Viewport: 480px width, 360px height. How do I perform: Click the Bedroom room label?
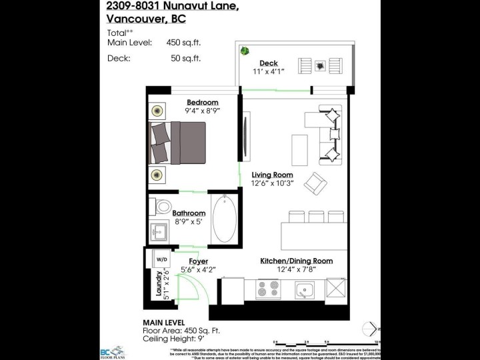click(x=202, y=102)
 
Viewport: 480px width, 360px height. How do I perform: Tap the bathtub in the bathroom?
click(x=225, y=219)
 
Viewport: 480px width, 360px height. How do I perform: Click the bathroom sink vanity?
click(x=159, y=232)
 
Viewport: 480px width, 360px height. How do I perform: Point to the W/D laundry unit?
click(x=161, y=258)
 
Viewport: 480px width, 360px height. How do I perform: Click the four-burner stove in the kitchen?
click(x=269, y=289)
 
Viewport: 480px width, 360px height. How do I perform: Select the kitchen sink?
click(x=305, y=289)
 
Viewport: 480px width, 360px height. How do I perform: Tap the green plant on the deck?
click(x=245, y=50)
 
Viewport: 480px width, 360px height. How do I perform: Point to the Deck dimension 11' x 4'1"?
click(x=269, y=71)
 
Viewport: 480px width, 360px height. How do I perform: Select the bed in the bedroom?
click(x=180, y=143)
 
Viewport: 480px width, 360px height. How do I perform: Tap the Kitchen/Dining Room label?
click(x=296, y=261)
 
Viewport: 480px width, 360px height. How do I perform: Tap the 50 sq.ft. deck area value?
click(x=185, y=58)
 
